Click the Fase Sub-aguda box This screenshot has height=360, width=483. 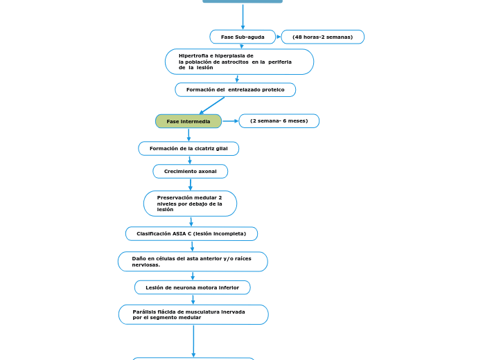coord(243,37)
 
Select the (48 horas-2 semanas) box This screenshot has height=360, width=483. coord(322,37)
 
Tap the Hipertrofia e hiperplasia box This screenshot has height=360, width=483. coord(239,62)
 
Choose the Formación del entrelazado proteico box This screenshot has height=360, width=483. coord(235,90)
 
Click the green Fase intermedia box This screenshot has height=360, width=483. coord(188,121)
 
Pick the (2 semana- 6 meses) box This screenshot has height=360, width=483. coord(279,121)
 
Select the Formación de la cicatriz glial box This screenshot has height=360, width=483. coord(188,149)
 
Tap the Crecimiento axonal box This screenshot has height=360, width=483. coord(190,171)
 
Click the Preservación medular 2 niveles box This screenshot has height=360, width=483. coord(190,204)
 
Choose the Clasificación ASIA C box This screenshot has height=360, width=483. coord(191,234)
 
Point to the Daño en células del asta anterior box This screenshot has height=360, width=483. coord(193,262)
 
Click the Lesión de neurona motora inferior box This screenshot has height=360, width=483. coord(192,287)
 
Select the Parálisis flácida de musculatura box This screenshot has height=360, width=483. coord(193,315)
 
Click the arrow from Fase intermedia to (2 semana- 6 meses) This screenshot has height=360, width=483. coord(230,121)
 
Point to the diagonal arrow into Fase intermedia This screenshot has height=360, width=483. coord(212,105)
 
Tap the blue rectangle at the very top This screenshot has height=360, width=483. coord(243,1)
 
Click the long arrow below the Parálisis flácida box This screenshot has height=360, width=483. coord(193,341)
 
